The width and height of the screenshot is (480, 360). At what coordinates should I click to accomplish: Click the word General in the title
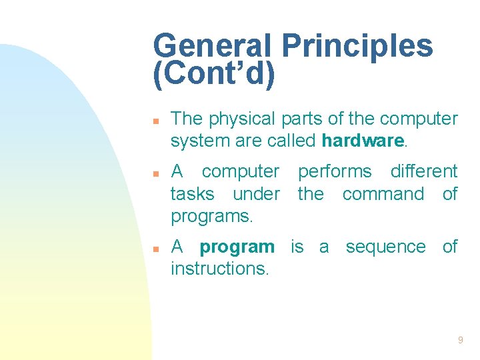pyautogui.click(x=212, y=47)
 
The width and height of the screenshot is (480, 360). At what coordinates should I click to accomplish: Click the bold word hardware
pyautogui.click(x=363, y=141)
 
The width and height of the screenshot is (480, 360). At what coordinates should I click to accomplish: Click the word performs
pyautogui.click(x=335, y=172)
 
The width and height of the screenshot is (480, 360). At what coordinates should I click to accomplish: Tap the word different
pyautogui.click(x=424, y=172)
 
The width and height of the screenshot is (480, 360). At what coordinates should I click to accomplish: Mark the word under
pyautogui.click(x=257, y=194)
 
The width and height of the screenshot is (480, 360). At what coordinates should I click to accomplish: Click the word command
pyautogui.click(x=383, y=194)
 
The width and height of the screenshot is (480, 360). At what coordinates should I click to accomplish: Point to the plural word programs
pyautogui.click(x=211, y=217)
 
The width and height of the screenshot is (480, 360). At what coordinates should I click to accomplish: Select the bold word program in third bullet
pyautogui.click(x=237, y=247)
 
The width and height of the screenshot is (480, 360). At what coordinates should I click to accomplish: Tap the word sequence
pyautogui.click(x=385, y=247)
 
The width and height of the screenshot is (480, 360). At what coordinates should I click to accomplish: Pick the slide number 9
pyautogui.click(x=460, y=341)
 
